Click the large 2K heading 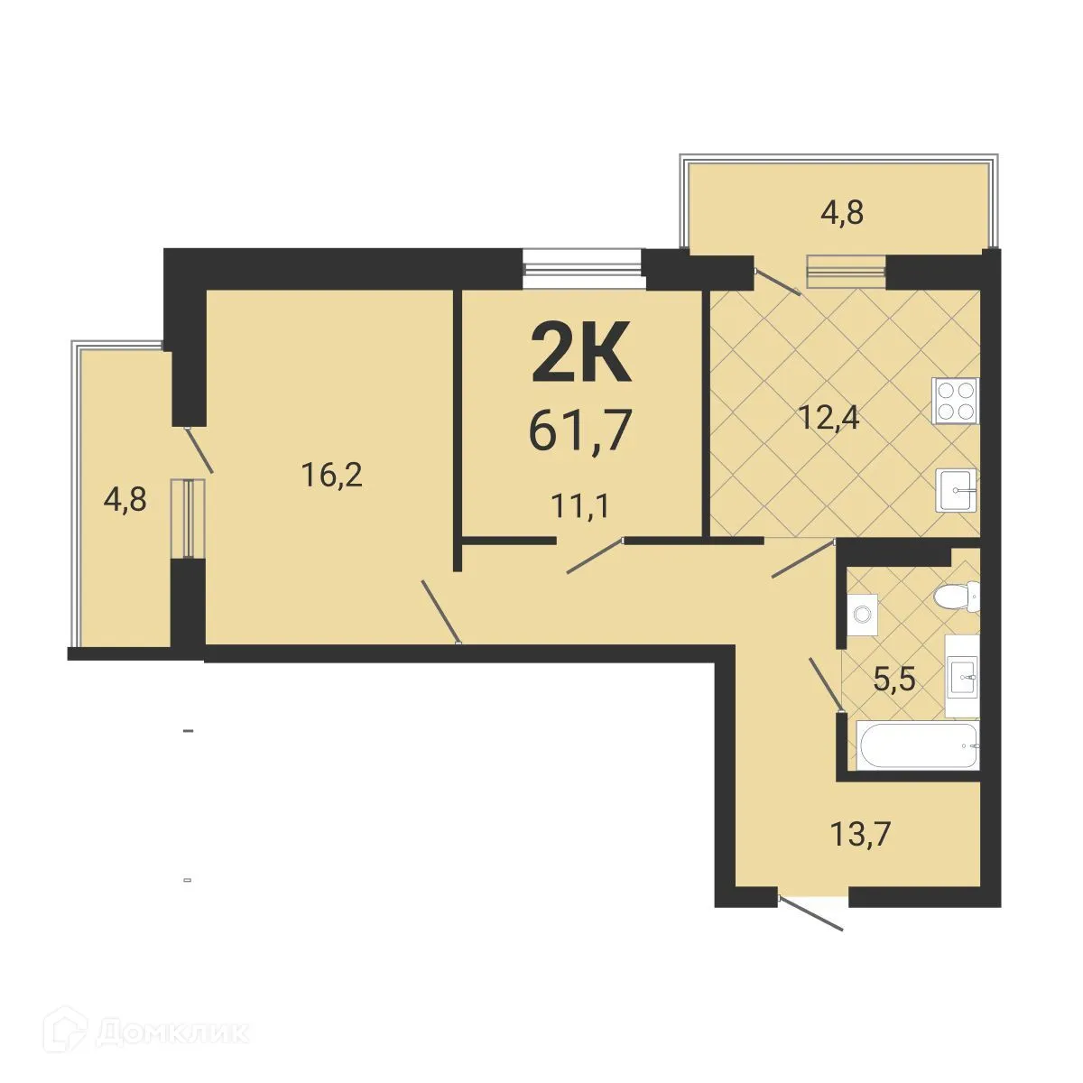579,353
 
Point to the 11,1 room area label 580,504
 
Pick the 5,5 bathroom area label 895,678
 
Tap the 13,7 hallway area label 860,834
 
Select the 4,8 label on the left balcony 125,498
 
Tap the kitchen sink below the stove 957,491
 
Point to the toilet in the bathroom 956,596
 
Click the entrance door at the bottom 812,912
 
